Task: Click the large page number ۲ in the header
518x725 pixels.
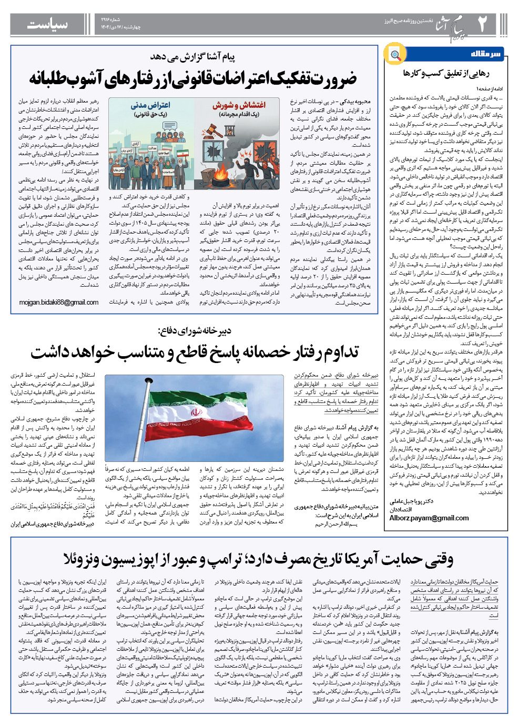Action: pyautogui.click(x=482, y=24)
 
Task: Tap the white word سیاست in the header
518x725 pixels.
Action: pyautogui.click(x=47, y=25)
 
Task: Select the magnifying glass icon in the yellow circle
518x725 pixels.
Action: pyautogui.click(x=395, y=54)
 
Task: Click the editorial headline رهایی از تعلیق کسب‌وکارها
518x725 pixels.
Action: pyautogui.click(x=446, y=73)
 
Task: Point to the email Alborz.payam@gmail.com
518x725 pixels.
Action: pyautogui.click(x=429, y=518)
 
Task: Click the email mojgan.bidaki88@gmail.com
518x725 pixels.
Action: pyautogui.click(x=59, y=303)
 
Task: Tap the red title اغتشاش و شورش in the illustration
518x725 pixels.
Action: pyautogui.click(x=239, y=105)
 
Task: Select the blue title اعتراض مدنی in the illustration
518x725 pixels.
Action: pyautogui.click(x=150, y=105)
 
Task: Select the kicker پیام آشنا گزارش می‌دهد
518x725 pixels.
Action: pyautogui.click(x=193, y=57)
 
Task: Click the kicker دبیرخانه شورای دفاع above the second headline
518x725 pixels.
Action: pyautogui.click(x=194, y=331)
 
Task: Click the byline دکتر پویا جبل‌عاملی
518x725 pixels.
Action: pyautogui.click(x=412, y=501)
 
